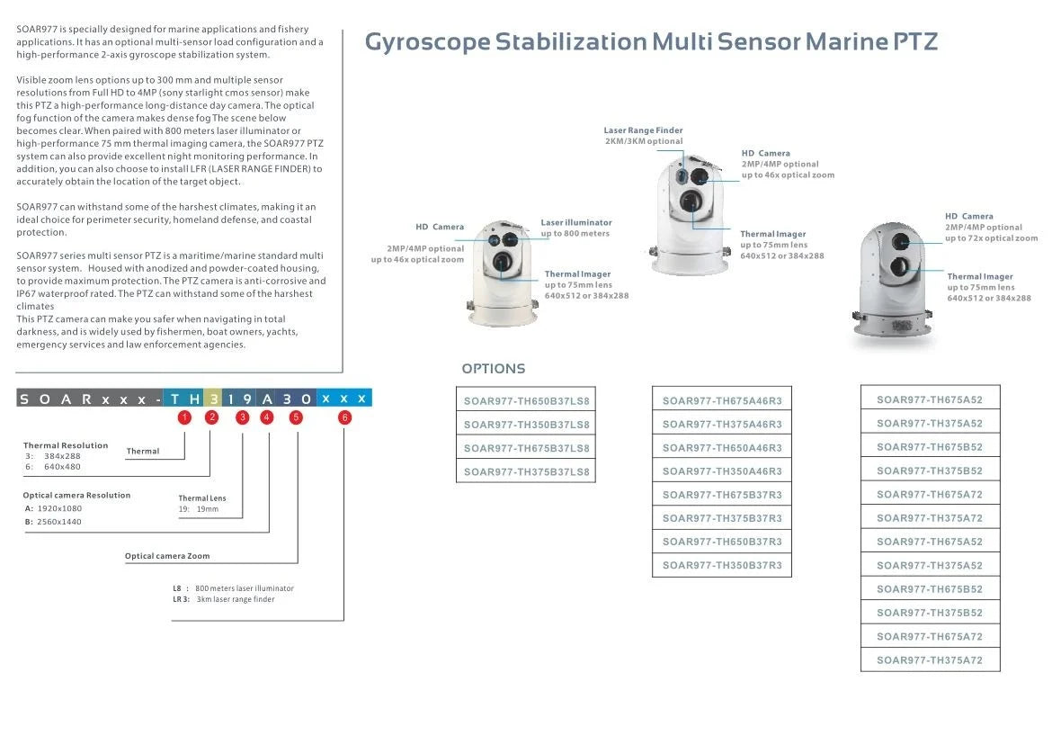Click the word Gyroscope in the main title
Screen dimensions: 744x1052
pos(427,41)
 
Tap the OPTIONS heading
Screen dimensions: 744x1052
pos(493,369)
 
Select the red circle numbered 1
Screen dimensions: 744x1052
pos(184,417)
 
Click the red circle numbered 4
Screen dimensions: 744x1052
pos(268,417)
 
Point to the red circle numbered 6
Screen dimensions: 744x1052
pos(344,417)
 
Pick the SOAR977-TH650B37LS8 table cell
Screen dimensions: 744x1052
pos(526,401)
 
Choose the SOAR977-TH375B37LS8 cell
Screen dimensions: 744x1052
pos(526,471)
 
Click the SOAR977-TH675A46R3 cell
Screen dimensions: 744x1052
pos(722,401)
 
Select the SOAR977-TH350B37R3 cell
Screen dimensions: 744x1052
pos(722,566)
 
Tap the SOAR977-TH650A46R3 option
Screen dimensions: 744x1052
pos(722,448)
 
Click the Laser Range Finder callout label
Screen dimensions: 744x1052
pos(643,130)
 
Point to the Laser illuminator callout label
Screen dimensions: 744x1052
pos(576,222)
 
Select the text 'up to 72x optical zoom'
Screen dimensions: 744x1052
pos(991,238)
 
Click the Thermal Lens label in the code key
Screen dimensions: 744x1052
pos(202,498)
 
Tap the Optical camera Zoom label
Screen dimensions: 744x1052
pos(167,556)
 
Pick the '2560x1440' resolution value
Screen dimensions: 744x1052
pos(59,522)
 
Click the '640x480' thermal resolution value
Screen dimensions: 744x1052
pos(62,466)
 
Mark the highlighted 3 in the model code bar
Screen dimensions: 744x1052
pos(213,399)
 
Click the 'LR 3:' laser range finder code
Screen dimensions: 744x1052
pos(181,599)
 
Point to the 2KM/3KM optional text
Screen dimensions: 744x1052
pos(643,141)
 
